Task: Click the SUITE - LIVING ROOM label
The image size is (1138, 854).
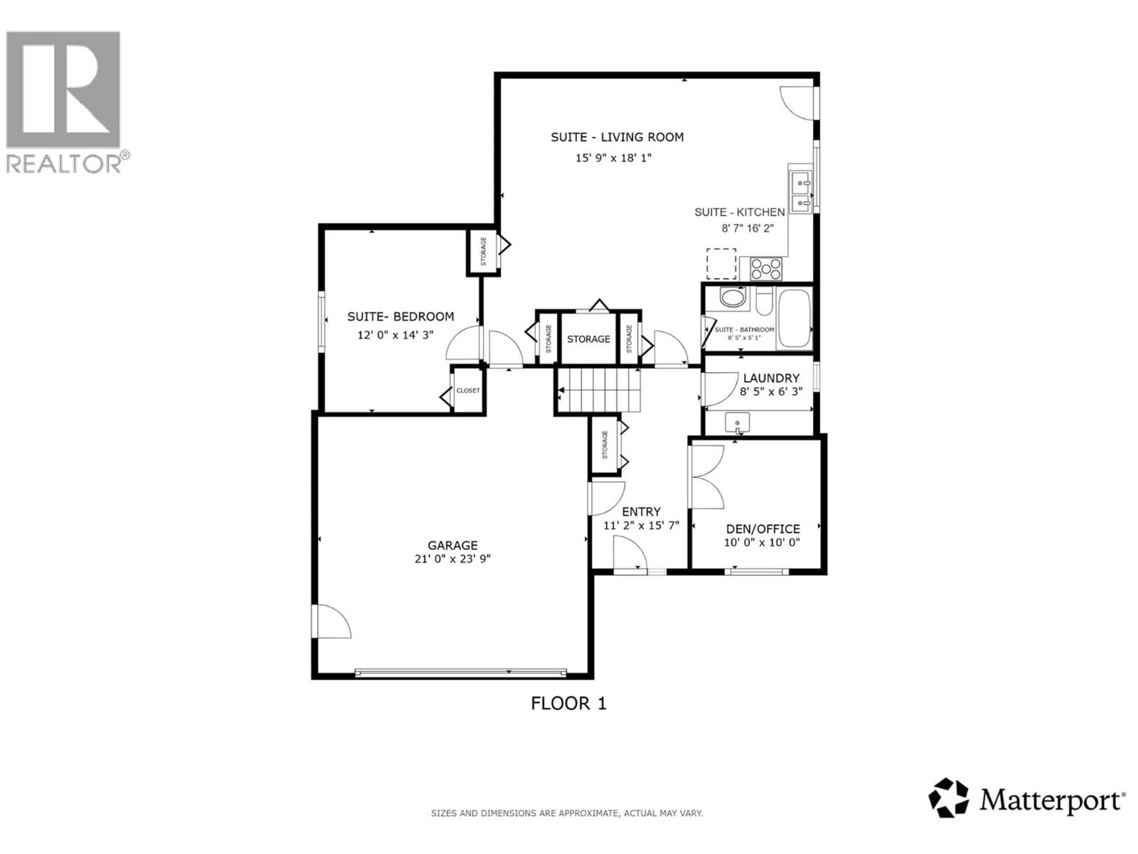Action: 617,137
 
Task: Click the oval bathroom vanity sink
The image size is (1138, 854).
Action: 732,297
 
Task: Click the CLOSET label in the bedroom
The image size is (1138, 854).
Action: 468,390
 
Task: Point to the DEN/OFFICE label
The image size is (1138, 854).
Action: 763,529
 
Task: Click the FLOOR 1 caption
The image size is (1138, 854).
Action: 568,703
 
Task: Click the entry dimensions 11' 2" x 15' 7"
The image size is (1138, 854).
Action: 641,525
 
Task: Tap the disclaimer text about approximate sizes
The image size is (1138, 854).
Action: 566,813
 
